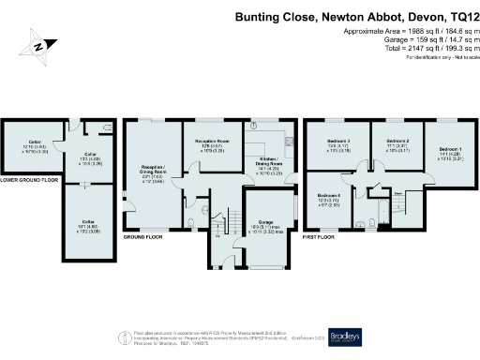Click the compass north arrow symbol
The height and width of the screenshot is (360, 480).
[36, 46]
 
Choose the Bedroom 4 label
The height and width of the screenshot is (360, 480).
[328, 198]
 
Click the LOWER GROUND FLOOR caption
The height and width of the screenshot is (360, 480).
[30, 179]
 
